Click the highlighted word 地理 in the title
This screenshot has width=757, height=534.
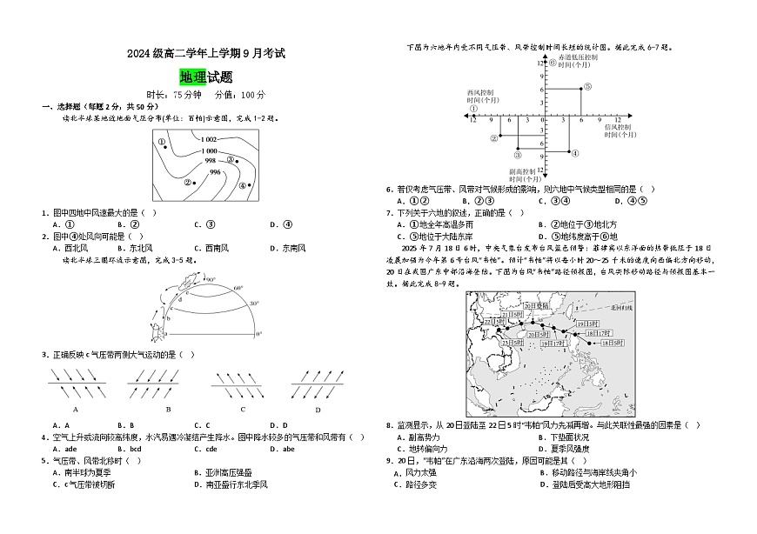click(192, 77)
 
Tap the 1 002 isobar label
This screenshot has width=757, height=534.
click(208, 139)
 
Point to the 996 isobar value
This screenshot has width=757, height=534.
click(215, 172)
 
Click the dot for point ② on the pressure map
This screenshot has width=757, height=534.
click(195, 183)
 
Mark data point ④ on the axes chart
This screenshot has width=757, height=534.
click(569, 153)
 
